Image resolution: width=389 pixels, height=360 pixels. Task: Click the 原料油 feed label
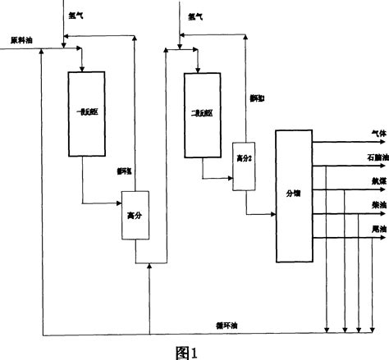(x=21, y=39)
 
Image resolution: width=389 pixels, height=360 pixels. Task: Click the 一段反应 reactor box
(x=83, y=114)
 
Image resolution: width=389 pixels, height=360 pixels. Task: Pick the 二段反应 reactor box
(x=201, y=114)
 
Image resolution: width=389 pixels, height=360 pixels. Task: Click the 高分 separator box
(x=134, y=216)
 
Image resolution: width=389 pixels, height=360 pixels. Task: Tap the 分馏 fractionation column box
(x=293, y=194)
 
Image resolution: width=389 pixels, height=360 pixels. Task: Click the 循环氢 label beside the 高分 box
(x=126, y=172)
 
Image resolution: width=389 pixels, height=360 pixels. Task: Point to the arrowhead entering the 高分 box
(x=119, y=203)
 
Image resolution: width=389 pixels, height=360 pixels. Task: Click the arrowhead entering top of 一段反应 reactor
(x=83, y=68)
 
